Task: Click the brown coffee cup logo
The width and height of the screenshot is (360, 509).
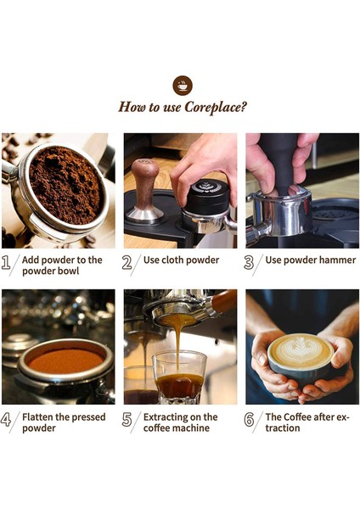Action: [183, 86]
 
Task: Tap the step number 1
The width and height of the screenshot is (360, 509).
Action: [6, 262]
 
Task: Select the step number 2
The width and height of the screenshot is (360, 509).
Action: [127, 262]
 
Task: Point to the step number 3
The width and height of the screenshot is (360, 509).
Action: [249, 262]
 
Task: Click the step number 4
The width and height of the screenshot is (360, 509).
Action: [6, 419]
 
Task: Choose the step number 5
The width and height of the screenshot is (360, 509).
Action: [127, 419]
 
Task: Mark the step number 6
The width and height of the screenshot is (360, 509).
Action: [249, 419]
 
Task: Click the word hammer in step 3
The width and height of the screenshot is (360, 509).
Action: [338, 260]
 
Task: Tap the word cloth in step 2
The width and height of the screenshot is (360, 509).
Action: [173, 260]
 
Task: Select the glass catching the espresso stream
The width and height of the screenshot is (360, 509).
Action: [179, 378]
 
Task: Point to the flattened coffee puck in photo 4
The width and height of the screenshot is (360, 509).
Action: [66, 361]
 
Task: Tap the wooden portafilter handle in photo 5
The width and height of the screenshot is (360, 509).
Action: [224, 302]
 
